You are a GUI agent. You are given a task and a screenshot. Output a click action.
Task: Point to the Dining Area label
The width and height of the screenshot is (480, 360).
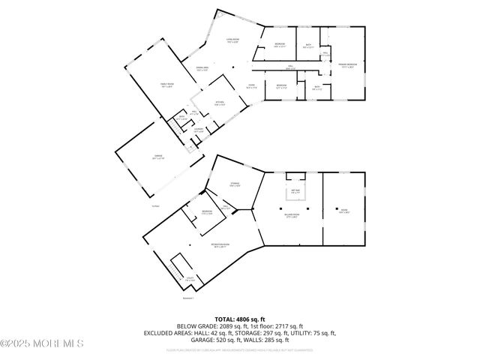(202, 70)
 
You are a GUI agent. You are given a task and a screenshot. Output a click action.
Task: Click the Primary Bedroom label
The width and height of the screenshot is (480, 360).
(346, 65)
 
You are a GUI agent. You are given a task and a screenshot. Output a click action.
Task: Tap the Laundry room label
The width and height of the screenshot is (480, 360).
(198, 131)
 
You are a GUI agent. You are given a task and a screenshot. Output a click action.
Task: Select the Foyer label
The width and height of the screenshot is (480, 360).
(253, 85)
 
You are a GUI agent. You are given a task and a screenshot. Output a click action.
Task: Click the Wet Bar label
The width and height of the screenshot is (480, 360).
(295, 190)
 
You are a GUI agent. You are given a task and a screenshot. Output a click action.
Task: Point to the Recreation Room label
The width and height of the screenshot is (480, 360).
(220, 245)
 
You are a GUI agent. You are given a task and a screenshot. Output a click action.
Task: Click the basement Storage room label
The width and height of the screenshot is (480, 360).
(235, 184)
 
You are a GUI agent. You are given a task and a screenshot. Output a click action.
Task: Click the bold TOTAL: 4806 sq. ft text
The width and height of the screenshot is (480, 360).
(239, 319)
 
